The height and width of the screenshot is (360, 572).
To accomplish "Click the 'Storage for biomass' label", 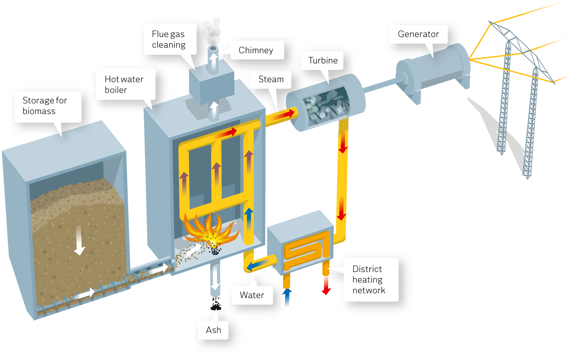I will [45, 106].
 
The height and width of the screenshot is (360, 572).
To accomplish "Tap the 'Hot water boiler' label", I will [124, 84].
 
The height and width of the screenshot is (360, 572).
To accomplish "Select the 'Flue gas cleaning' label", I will [168, 39].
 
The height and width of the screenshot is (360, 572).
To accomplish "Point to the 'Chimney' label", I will [256, 50].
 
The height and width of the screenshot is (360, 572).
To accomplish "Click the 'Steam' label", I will [271, 79].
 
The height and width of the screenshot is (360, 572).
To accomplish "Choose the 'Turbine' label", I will [323, 60].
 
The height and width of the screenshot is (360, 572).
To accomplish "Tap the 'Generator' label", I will [418, 34].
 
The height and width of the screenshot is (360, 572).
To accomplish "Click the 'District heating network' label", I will [369, 279].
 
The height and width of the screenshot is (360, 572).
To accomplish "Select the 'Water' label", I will [251, 295].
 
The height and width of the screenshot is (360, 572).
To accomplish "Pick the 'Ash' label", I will [213, 330].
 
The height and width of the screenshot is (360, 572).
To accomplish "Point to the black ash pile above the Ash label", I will [216, 304].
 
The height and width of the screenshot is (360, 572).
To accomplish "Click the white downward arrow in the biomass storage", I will [79, 241].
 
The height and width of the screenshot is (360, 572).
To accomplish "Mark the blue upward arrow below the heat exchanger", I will [287, 297].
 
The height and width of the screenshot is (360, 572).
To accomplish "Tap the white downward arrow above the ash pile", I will [216, 277].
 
